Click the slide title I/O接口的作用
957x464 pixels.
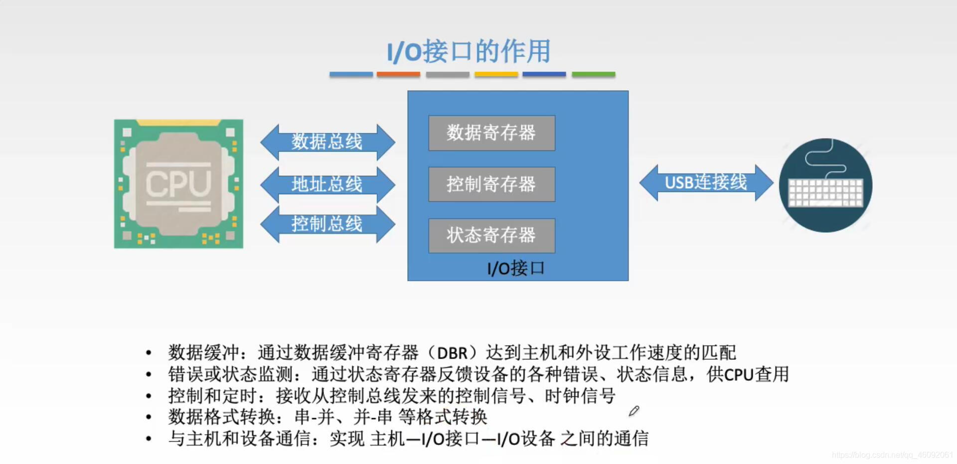[469, 51]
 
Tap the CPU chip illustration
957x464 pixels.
[178, 184]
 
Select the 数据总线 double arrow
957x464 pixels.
[327, 142]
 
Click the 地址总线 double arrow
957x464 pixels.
[327, 184]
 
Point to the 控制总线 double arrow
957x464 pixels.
[327, 224]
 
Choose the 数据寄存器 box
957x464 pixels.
[491, 133]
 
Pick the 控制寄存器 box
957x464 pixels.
[491, 184]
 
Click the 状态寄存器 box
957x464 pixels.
[491, 235]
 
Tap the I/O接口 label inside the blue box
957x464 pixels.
[515, 269]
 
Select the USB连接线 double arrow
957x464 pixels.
[706, 182]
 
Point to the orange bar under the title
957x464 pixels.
[398, 74]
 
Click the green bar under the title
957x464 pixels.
[593, 74]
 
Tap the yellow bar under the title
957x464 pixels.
[496, 74]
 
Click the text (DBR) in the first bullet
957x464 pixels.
[452, 353]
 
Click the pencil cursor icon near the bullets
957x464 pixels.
[634, 411]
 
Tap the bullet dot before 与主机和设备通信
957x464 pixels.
[149, 439]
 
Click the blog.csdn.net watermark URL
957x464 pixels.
[892, 455]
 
